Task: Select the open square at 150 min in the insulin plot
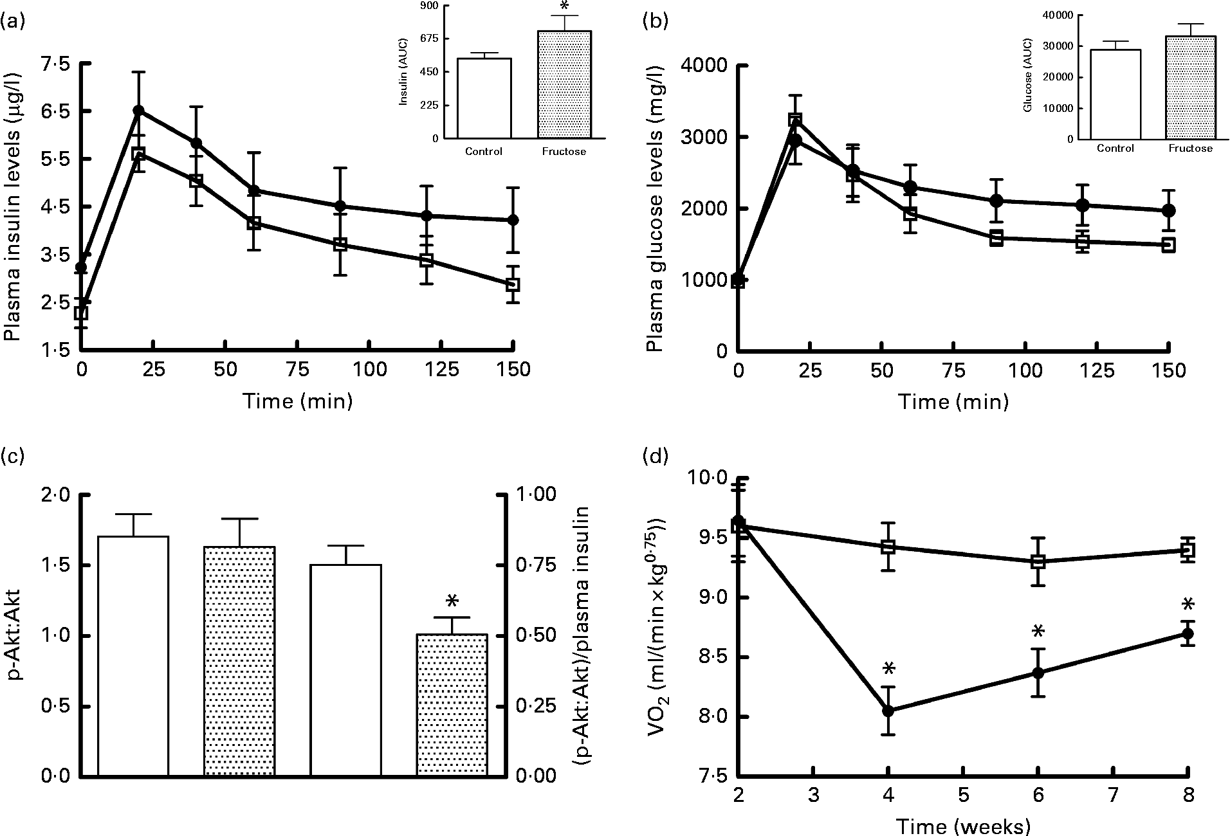[x=512, y=285]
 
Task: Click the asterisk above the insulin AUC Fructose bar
[x=564, y=8]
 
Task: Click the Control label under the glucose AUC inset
[x=1115, y=148]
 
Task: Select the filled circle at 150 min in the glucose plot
[x=1169, y=210]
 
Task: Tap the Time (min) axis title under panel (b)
[x=953, y=402]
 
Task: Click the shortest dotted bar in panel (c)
[x=452, y=705]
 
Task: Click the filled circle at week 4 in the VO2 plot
[x=888, y=711]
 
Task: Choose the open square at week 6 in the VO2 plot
[x=1038, y=561]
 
